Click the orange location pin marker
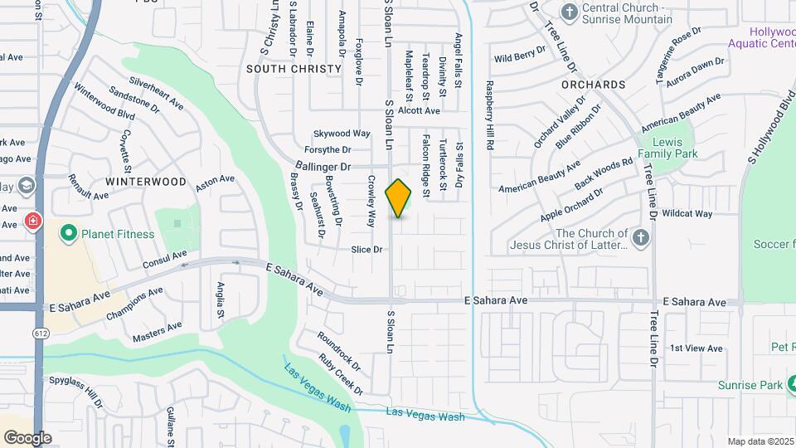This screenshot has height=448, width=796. tap(399, 198)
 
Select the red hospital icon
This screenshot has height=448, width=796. tap(32, 222)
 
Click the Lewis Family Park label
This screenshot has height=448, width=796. tap(669, 148)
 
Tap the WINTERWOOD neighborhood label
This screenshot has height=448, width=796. tap(146, 181)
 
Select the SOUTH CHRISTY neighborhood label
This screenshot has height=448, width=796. tap(294, 69)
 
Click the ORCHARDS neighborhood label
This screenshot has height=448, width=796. tap(593, 85)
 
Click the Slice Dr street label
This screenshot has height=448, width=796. tap(366, 249)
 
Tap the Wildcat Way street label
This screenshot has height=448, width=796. tap(687, 213)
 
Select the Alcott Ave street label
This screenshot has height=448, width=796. tap(419, 110)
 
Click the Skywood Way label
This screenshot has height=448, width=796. tap(342, 133)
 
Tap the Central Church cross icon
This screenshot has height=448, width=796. tap(569, 12)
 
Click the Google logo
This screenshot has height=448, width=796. tap(27, 438)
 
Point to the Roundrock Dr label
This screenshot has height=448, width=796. tap(338, 352)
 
